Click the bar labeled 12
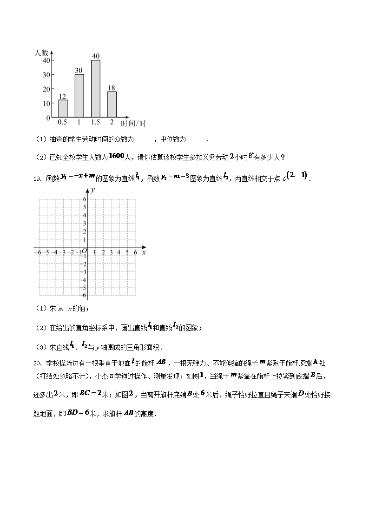pyautogui.click(x=62, y=108)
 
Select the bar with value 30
pyautogui.click(x=79, y=96)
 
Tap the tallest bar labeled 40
pyautogui.click(x=96, y=88)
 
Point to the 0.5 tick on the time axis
pyautogui.click(x=62, y=122)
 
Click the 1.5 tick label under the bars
pyautogui.click(x=95, y=122)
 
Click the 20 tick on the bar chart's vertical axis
pyautogui.click(x=46, y=89)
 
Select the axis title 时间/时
pyautogui.click(x=133, y=123)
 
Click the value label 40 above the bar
pyautogui.click(x=96, y=56)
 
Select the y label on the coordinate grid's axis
pyautogui.click(x=93, y=191)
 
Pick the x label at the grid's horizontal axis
pyautogui.click(x=144, y=252)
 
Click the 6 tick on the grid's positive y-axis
pyautogui.click(x=85, y=199)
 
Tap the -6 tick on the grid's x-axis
pyautogui.click(x=37, y=252)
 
